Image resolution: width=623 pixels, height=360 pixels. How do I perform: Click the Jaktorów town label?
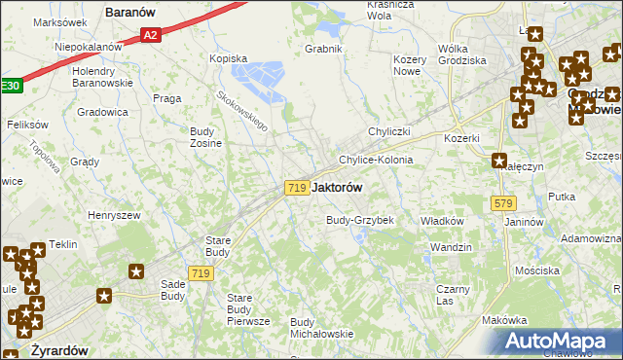(339, 188)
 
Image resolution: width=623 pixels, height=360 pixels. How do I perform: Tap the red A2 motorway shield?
(150, 35)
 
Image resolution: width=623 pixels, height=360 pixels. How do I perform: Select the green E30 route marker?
(9, 86)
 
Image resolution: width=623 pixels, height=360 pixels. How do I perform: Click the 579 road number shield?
(502, 203)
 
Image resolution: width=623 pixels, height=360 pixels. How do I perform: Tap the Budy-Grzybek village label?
(359, 220)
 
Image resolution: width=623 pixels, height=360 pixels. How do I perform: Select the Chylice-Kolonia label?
(376, 160)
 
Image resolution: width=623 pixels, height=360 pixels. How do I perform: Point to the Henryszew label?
(115, 215)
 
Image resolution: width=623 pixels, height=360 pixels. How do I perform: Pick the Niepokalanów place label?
(89, 46)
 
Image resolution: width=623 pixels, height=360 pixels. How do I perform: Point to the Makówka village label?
(504, 320)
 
